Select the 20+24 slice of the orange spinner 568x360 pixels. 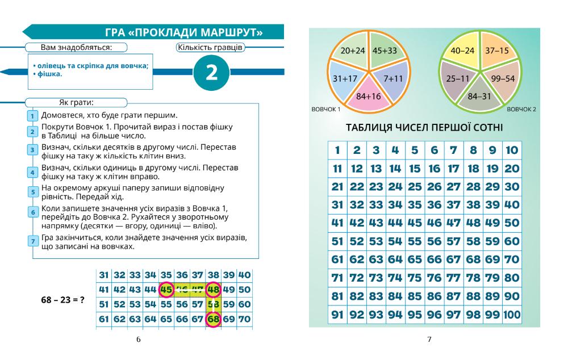352,51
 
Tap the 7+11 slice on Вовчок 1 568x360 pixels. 392,78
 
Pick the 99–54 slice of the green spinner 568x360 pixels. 503,78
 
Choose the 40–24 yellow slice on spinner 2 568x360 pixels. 462,51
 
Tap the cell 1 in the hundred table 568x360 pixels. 337,150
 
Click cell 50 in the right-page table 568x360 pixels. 511,223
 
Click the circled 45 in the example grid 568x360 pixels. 166,290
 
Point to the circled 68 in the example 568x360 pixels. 214,319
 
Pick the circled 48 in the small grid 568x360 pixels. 214,290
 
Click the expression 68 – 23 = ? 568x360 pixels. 60,298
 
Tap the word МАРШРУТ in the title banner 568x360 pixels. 230,32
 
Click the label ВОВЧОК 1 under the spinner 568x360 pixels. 325,109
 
